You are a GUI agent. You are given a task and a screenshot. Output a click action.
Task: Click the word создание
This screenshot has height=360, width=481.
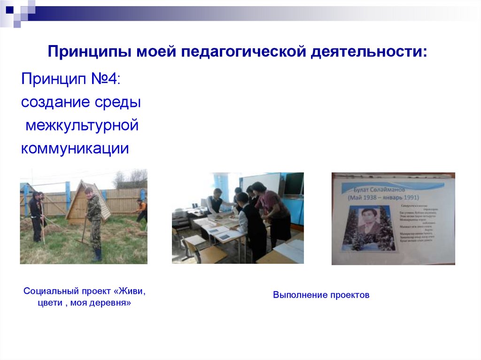pos(52,102)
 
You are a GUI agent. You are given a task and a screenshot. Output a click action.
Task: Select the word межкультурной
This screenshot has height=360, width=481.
pos(82,125)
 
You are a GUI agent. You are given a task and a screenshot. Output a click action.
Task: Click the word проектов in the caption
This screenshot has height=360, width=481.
pos(349,295)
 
